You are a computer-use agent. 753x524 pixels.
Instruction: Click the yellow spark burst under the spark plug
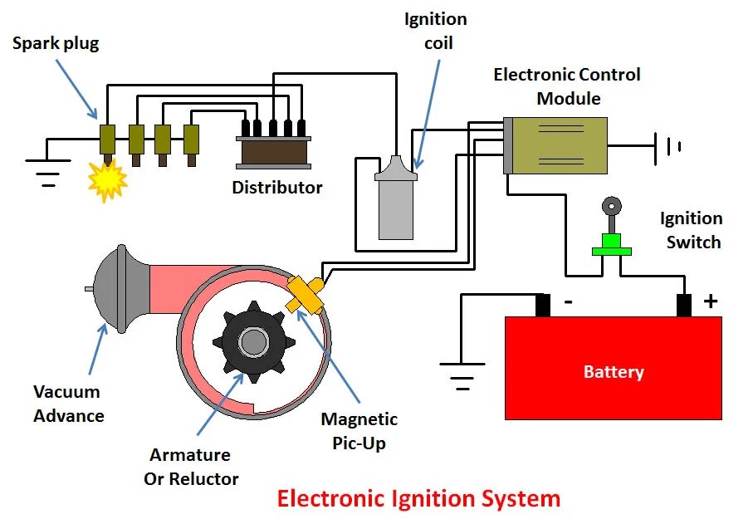pyautogui.click(x=108, y=181)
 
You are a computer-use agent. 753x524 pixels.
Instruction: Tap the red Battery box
pyautogui.click(x=614, y=368)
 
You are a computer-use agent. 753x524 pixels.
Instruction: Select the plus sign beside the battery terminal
pyautogui.click(x=711, y=301)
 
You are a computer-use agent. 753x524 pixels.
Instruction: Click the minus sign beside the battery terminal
pyautogui.click(x=568, y=302)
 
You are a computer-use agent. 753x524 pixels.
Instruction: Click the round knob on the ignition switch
pyautogui.click(x=611, y=207)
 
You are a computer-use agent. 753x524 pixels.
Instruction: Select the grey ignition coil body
pyautogui.click(x=396, y=198)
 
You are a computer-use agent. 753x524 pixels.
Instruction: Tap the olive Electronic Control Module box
pyautogui.click(x=555, y=145)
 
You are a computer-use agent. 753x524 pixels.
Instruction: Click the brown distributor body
pyautogui.click(x=274, y=152)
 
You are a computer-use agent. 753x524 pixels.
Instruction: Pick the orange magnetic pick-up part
pyautogui.click(x=305, y=295)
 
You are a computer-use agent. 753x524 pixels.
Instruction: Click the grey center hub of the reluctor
pyautogui.click(x=253, y=342)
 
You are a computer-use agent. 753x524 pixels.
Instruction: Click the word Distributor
pyautogui.click(x=277, y=188)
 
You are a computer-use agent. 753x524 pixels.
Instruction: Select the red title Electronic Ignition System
pyautogui.click(x=418, y=498)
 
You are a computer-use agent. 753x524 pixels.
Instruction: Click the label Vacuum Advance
pyautogui.click(x=68, y=404)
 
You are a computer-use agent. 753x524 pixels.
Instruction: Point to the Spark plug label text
pyautogui.click(x=56, y=43)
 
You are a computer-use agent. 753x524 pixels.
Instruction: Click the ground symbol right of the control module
pyautogui.click(x=668, y=146)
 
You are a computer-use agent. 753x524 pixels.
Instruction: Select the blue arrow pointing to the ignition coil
pyautogui.click(x=428, y=115)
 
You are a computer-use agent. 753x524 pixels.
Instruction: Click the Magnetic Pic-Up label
pyautogui.click(x=359, y=431)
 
